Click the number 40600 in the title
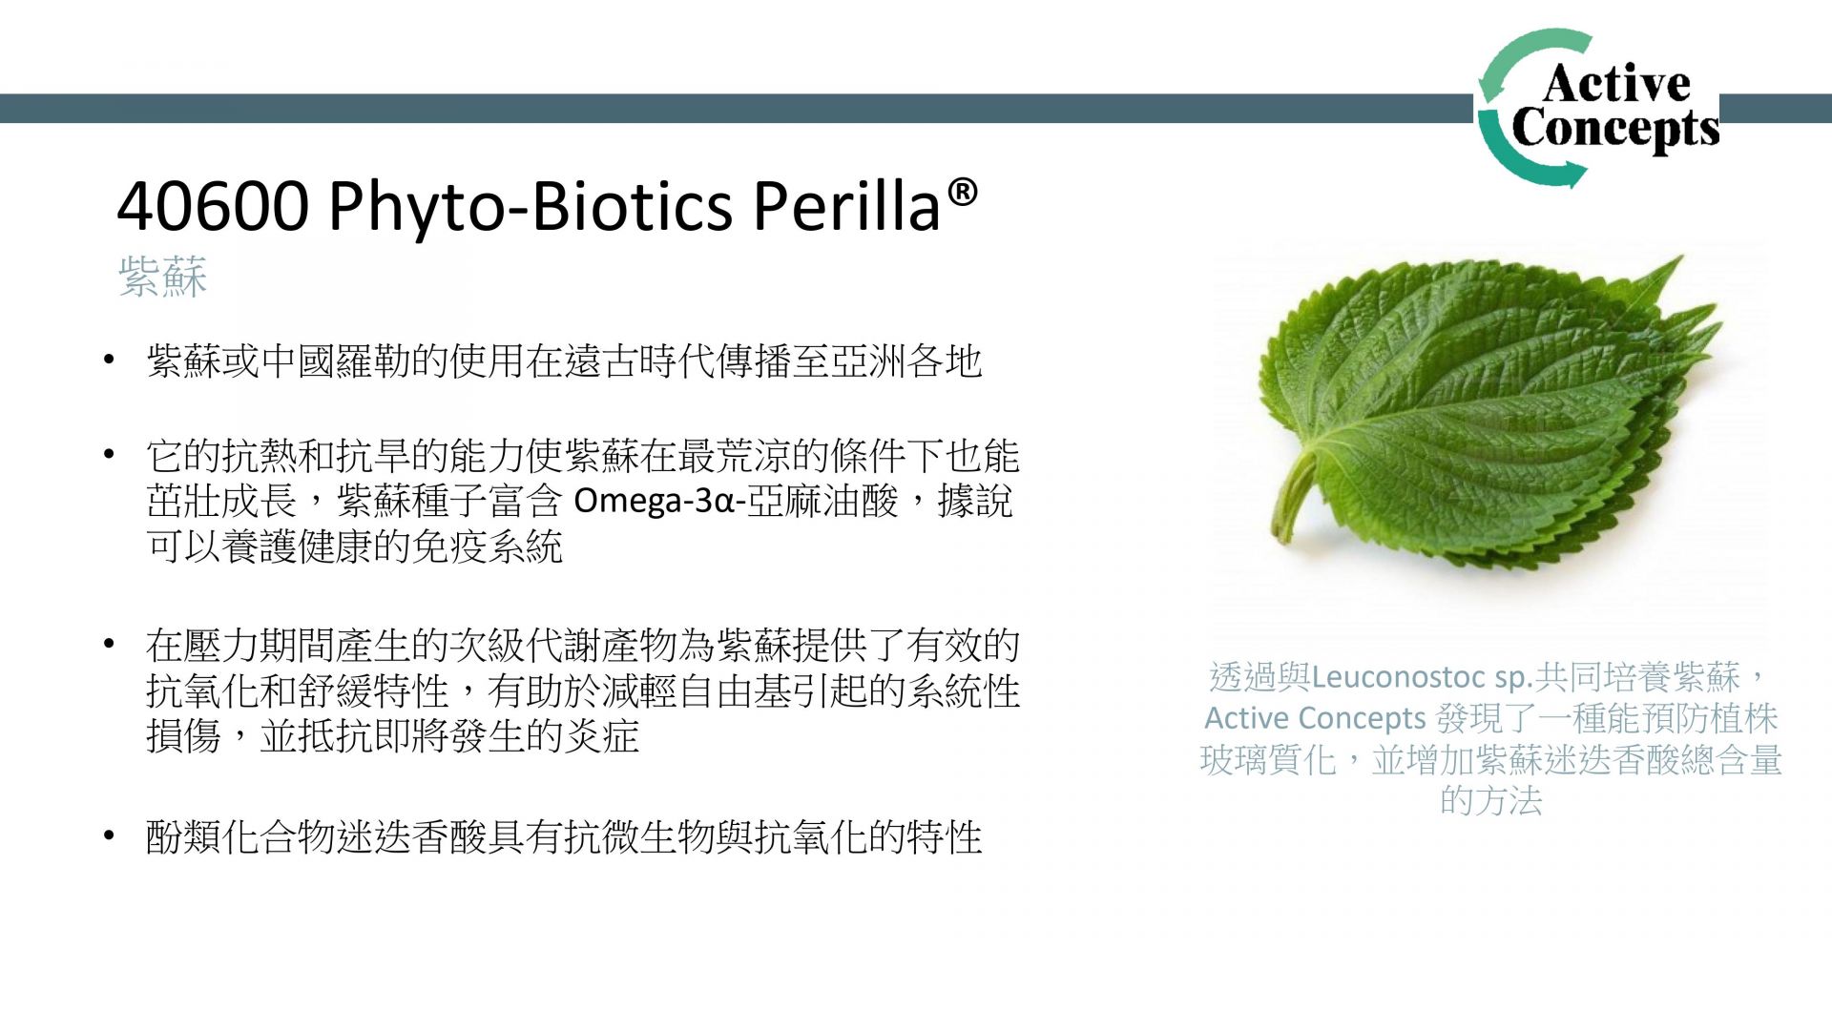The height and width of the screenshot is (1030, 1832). click(213, 206)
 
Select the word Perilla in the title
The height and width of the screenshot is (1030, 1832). click(847, 206)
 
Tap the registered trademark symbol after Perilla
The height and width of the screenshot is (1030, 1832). click(963, 192)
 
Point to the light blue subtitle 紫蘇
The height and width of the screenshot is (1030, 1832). click(163, 277)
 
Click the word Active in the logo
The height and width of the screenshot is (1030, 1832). click(1616, 83)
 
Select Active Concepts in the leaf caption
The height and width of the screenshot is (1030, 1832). click(1315, 718)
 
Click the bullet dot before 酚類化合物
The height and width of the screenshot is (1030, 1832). click(110, 836)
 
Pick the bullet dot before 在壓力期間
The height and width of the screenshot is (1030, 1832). click(110, 645)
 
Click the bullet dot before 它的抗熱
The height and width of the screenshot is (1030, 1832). click(110, 455)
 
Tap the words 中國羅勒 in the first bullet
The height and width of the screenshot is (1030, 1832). click(335, 361)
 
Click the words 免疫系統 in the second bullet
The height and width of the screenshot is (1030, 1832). click(487, 546)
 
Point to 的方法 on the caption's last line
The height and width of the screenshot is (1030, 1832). click(1490, 800)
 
